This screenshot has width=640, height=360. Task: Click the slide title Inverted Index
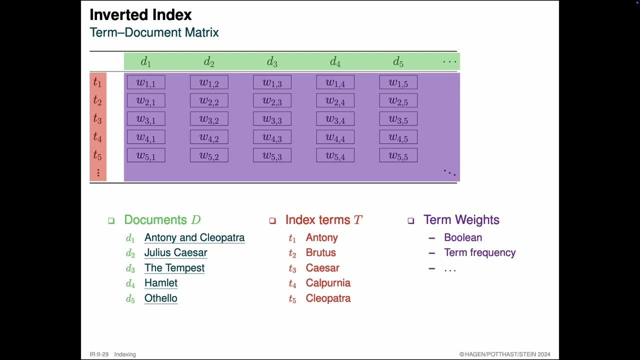140,15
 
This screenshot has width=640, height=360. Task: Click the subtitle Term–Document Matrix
154,33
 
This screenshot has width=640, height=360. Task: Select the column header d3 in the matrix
272,62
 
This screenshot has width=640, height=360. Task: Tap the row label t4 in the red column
97,136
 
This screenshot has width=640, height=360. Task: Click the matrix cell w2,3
272,100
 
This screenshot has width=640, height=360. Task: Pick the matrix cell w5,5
398,155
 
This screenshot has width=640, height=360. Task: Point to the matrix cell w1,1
146,82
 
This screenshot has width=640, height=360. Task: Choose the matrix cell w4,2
209,137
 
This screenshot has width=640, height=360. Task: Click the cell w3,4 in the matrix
335,119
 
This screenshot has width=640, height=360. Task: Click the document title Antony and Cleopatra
194,237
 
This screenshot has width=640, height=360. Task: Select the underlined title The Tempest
174,268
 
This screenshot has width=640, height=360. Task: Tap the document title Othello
161,298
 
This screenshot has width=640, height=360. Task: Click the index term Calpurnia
328,283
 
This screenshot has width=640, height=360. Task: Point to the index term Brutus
320,252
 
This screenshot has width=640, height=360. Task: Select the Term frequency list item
479,252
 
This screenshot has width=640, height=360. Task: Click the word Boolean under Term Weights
463,237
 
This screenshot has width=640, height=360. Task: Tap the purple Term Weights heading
461,220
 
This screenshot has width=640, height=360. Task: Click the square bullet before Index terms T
272,220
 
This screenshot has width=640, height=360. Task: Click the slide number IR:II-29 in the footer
99,354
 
